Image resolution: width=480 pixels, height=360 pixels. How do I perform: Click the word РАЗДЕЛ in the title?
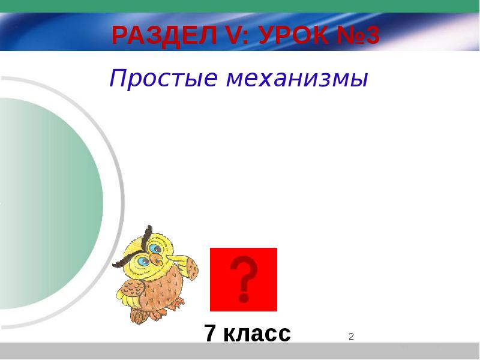click(164, 35)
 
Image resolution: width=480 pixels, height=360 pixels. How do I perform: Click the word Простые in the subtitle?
click(163, 79)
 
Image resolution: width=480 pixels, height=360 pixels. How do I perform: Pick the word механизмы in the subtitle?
click(297, 79)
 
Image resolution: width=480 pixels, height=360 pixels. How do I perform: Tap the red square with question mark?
click(244, 280)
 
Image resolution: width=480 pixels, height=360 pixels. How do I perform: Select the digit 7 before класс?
click(210, 333)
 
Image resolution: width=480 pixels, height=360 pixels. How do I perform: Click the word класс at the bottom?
click(257, 334)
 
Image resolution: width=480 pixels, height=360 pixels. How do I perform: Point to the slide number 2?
click(351, 337)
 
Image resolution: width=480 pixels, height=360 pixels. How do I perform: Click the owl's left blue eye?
click(143, 261)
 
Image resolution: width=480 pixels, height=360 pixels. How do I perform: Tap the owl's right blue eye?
click(156, 248)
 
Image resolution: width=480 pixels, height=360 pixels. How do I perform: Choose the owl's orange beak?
click(156, 259)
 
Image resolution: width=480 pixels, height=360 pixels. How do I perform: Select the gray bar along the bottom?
click(240, 351)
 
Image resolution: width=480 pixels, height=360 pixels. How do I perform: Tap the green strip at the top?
click(240, 6)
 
